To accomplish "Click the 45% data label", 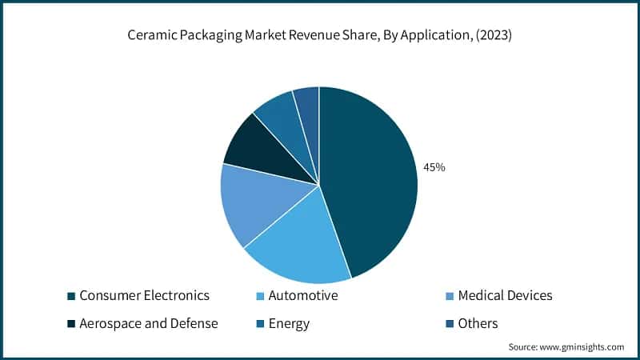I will click(434, 168).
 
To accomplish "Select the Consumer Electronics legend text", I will click(144, 296).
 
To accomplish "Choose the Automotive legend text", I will click(302, 296).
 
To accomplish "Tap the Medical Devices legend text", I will click(505, 296).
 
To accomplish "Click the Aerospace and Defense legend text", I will click(149, 323).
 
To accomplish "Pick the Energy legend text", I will click(288, 323).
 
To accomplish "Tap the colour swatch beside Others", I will click(450, 324).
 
